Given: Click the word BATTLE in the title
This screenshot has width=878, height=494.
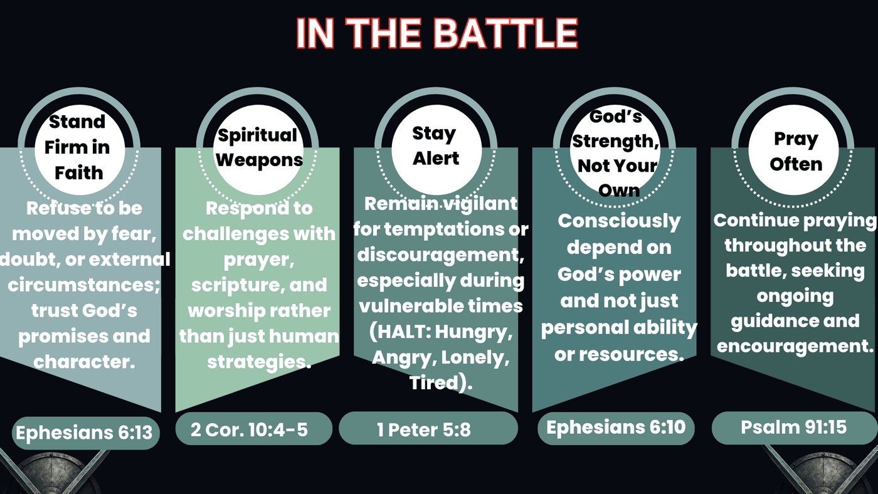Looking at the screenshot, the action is point(505,33).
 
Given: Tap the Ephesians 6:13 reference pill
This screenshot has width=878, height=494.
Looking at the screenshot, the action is point(86,433).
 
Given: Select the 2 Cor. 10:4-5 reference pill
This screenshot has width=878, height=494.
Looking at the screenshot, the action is point(253,429).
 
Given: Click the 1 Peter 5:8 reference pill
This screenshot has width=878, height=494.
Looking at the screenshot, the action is point(428,428).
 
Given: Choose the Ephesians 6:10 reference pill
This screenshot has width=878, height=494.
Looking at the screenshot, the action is point(616,428).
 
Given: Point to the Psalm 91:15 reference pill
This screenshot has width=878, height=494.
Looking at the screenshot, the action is point(794,428).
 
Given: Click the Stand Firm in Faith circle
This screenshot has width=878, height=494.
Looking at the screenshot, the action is point(80,150).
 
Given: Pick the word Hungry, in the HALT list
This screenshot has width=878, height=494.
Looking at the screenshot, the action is point(473,332).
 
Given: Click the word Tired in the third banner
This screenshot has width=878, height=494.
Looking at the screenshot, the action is point(434,382).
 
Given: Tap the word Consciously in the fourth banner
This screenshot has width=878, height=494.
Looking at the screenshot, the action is point(619,222).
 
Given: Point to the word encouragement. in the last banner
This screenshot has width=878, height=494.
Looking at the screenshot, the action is point(795,346).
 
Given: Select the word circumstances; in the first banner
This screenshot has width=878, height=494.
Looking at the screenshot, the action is point(84,285).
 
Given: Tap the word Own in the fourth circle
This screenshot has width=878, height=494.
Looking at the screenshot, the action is point(619,191).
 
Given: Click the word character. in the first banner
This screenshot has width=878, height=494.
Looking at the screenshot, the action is point(84,362).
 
